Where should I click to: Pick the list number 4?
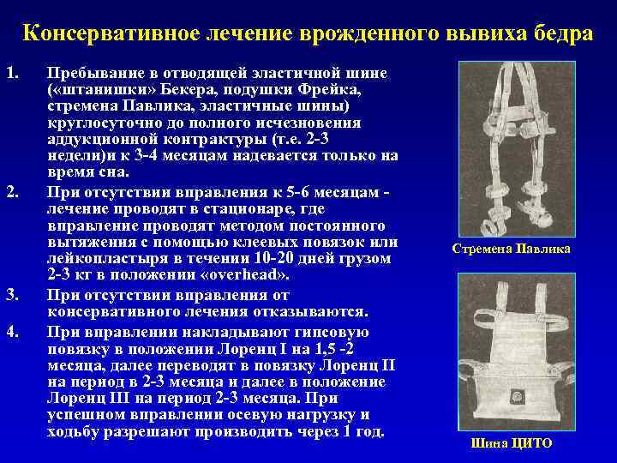11,329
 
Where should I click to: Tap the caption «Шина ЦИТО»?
512,443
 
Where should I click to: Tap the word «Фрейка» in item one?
357,90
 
